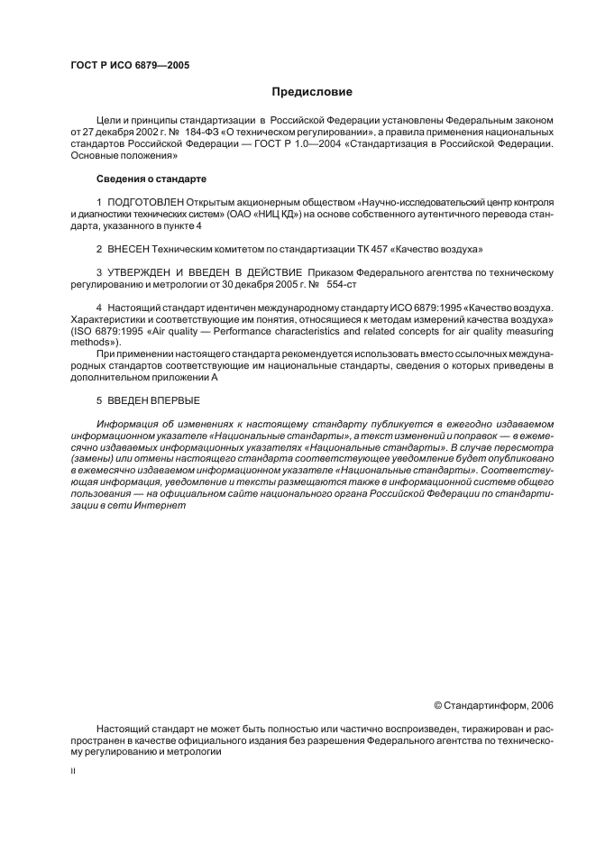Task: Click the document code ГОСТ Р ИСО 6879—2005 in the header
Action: [x=130, y=65]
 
